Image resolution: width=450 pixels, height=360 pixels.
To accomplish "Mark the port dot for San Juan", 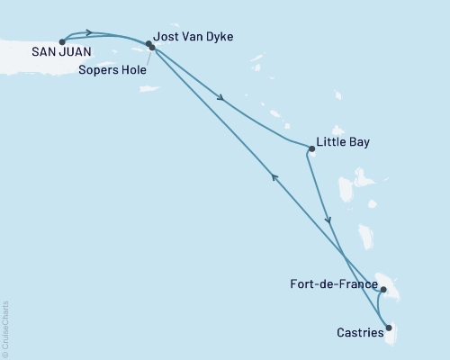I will [61, 41].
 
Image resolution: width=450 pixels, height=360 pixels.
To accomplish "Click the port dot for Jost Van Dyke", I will [148, 43].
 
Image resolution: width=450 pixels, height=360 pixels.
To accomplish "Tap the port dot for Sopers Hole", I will [152, 48].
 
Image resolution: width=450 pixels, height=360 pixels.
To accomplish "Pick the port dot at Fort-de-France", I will [384, 290].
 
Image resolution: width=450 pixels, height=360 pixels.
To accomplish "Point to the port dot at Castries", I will [389, 328].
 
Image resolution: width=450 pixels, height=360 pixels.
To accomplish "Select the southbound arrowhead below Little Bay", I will [328, 219].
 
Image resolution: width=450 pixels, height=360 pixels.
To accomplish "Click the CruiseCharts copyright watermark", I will [5, 328].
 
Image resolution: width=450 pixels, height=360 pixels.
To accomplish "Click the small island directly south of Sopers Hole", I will [149, 88].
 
